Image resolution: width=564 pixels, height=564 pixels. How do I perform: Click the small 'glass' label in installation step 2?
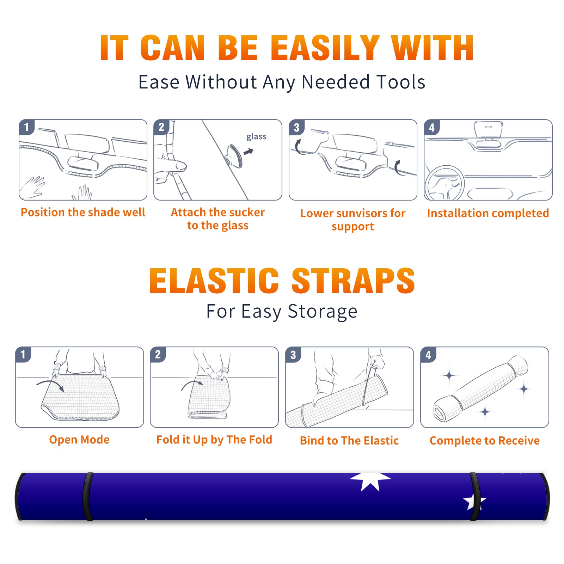coord(256,137)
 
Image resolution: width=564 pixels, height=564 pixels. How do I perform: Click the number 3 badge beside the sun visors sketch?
coord(296,127)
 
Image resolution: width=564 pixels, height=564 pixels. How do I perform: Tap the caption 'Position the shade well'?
coord(83,212)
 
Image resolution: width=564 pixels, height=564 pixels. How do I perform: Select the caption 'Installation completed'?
coord(488,213)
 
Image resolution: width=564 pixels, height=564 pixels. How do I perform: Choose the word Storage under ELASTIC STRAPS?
coord(323,312)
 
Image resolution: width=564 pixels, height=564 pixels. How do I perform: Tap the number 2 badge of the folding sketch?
coord(158,355)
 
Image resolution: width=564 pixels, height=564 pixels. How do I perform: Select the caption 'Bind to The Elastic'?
coord(349,441)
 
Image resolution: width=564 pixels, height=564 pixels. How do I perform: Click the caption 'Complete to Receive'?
coord(484,441)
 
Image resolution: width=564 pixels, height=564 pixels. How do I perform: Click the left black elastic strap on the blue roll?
coord(87,496)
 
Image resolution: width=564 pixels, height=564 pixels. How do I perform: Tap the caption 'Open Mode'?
coord(79,440)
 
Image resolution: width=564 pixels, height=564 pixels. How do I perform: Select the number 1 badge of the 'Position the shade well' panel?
coord(26,127)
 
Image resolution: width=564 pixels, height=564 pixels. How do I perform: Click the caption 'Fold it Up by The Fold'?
coord(214,440)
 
